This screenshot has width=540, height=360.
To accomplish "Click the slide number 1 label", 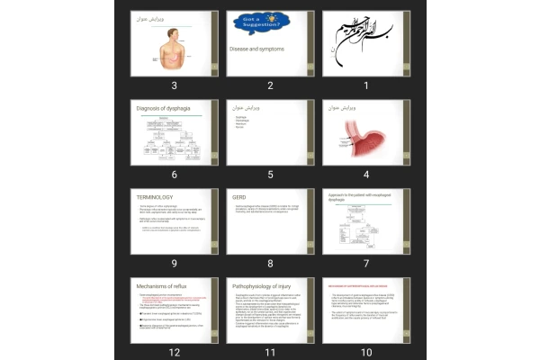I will coord(366,86).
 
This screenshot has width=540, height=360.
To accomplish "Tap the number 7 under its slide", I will coord(366,264).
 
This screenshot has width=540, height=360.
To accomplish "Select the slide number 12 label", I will coord(174,352).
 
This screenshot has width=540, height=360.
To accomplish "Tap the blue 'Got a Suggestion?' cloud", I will coord(255,21).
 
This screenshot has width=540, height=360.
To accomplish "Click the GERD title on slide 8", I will coord(239,196).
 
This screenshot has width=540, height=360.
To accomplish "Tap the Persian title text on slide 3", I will coord(154,19).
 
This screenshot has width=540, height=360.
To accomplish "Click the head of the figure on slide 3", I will coord(174,32).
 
